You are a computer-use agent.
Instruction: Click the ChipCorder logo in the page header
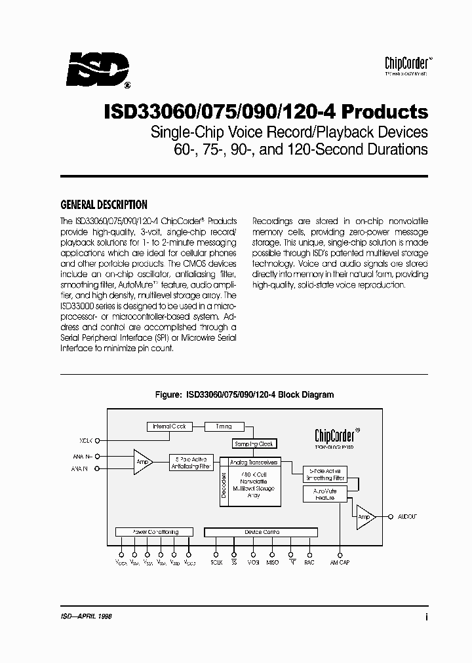tap(406, 64)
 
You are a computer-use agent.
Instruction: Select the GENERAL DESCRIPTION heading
tap(104, 204)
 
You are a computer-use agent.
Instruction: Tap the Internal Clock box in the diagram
tap(169, 426)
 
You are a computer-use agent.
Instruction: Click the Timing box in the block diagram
tap(223, 426)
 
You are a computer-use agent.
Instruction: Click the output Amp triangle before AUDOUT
tap(364, 517)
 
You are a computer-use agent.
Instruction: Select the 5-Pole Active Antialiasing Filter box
tap(190, 462)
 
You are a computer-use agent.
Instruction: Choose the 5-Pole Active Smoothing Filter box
tap(325, 474)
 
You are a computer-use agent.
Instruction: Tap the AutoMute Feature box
tap(324, 494)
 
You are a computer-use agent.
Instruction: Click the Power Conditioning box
tap(155, 532)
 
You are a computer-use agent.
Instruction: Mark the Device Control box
tap(262, 532)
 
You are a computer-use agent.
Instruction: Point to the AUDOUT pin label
tap(407, 517)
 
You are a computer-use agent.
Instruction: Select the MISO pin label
tap(272, 563)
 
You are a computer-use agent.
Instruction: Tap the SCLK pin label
tap(217, 563)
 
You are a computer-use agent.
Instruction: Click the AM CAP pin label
tap(340, 563)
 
